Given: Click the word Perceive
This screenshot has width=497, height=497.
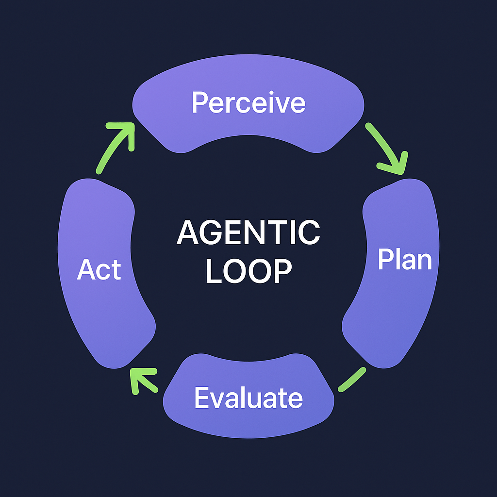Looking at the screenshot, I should pyautogui.click(x=248, y=102).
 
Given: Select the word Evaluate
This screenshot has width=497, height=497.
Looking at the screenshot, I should pyautogui.click(x=248, y=398).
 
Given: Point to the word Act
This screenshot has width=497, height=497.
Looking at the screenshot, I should pyautogui.click(x=99, y=269).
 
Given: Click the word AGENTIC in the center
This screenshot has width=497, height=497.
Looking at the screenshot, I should pyautogui.click(x=248, y=233).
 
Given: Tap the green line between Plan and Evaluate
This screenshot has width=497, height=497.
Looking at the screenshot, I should pyautogui.click(x=351, y=379).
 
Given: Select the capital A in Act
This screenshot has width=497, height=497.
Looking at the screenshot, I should pyautogui.click(x=85, y=269).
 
